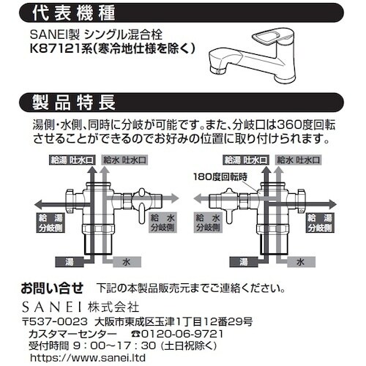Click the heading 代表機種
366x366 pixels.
tap(74, 13)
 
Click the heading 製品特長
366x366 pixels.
tap(74, 102)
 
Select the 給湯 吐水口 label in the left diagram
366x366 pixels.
tap(72, 160)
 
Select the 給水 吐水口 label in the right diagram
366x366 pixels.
tap(298, 160)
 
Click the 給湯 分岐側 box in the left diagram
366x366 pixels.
tap(51, 223)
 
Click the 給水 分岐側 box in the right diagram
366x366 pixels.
tap(208, 223)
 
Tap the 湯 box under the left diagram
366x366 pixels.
tap(70, 262)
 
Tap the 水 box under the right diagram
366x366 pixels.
tap(301, 262)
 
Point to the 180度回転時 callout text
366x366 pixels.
tap(220, 176)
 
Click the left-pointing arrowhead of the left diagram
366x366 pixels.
tap(39, 203)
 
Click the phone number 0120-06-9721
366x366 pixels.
tap(182, 334)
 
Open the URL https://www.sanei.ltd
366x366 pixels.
tap(88, 358)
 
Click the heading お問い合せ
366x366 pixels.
tap(52, 288)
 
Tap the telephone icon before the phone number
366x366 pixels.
tap(135, 334)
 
